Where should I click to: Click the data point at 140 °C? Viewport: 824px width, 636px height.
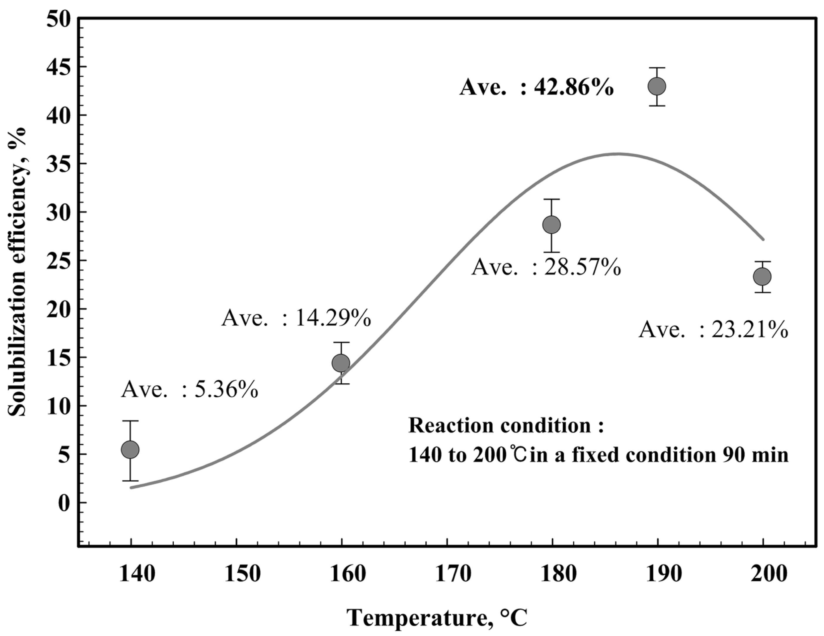(130, 449)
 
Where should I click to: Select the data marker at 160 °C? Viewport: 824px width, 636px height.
(341, 363)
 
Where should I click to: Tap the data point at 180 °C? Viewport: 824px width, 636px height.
(551, 225)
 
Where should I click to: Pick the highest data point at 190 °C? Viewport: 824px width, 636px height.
(657, 86)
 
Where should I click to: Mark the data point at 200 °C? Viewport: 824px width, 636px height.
(762, 277)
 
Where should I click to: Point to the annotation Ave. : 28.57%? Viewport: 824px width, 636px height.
(546, 268)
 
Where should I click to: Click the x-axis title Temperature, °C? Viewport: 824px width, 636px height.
(437, 619)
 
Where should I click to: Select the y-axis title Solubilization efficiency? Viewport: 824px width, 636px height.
(18, 272)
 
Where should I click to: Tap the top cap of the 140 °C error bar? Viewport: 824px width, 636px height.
(130, 421)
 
